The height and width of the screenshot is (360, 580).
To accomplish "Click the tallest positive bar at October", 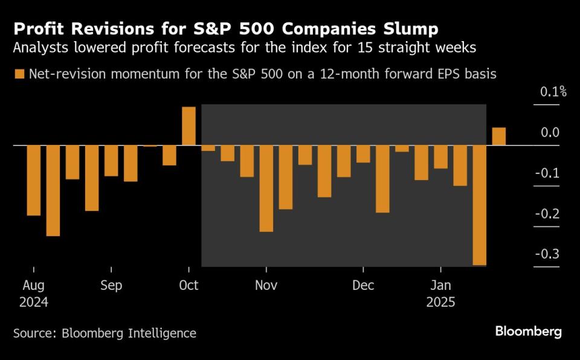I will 188,126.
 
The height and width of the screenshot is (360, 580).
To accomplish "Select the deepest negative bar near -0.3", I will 480,205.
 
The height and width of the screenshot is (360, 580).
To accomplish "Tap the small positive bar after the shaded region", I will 499,137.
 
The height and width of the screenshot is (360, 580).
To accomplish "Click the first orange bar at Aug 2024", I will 34,180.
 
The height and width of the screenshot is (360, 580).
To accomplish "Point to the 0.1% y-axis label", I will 553,92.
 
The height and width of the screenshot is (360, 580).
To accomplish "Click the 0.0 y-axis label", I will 550,133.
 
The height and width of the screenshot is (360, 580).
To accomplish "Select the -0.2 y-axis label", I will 548,214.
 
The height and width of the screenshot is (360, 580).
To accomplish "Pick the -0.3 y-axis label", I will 548,254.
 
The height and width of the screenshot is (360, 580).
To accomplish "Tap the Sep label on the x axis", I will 111,285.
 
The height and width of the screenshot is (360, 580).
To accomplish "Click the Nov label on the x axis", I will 266,285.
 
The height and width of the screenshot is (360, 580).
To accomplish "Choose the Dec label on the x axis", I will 363,285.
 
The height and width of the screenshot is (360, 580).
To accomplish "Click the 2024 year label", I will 34,301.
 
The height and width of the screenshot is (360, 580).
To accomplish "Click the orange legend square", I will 19,74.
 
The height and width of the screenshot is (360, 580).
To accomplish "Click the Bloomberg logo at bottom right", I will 528,332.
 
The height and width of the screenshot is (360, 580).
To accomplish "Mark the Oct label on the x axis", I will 189,285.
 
